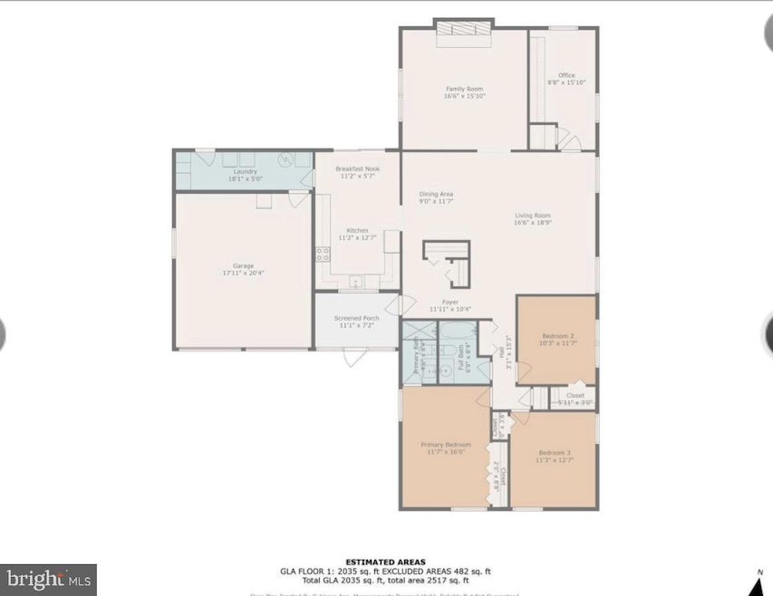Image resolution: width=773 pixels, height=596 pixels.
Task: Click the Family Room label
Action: tap(463, 89)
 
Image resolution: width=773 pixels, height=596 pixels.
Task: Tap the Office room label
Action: tap(566, 75)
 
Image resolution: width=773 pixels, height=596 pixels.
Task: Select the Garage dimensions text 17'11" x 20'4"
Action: tap(244, 273)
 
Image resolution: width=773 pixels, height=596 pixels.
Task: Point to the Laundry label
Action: tap(245, 171)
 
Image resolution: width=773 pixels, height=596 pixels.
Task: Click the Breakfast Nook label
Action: tap(357, 168)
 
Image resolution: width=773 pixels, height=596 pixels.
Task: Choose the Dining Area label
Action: tap(436, 194)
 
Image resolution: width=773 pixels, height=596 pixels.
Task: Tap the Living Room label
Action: tap(533, 214)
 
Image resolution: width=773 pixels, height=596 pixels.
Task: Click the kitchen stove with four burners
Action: tap(322, 255)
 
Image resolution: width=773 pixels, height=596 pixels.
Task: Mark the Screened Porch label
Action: tap(357, 318)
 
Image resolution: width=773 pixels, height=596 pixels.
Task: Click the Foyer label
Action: tap(450, 302)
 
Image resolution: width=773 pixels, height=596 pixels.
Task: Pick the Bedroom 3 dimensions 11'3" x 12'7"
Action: tap(555, 460)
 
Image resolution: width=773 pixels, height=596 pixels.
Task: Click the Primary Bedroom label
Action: tap(446, 445)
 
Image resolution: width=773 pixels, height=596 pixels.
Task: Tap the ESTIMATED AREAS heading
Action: tap(385, 562)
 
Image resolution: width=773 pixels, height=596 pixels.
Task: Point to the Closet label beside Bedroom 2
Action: tap(575, 396)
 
